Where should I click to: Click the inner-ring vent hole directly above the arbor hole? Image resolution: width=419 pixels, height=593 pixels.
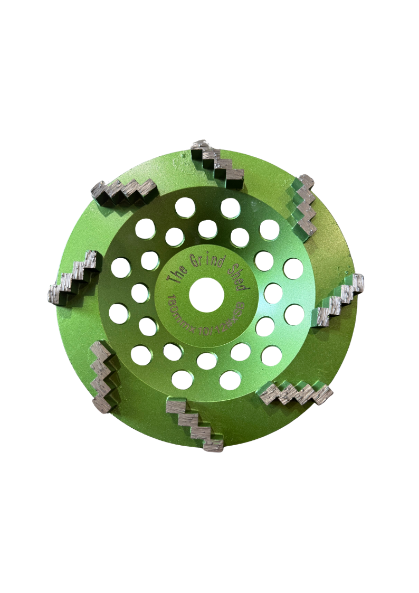207,229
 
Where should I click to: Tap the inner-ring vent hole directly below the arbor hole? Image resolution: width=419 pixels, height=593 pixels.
206,361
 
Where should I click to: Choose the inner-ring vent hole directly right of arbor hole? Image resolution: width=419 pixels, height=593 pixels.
273,293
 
